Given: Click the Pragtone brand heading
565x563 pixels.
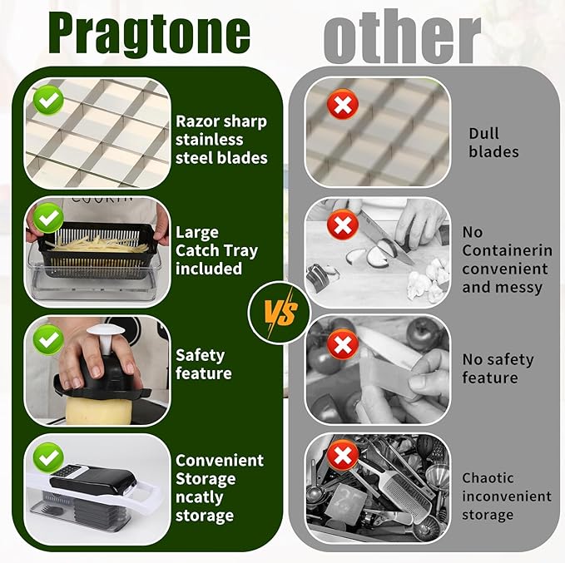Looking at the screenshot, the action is click(x=149, y=35).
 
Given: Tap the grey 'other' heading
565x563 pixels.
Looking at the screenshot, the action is click(x=402, y=37).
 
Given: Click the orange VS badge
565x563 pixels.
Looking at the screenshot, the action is click(x=279, y=312).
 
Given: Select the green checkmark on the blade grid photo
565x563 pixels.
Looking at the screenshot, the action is click(x=48, y=101).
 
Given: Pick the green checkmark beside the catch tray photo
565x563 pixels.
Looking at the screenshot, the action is click(x=48, y=218).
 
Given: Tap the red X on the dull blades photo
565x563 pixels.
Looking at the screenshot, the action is click(x=343, y=105).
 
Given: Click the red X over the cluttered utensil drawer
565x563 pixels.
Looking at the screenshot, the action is click(x=343, y=455).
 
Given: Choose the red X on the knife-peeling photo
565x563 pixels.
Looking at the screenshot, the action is click(x=343, y=345).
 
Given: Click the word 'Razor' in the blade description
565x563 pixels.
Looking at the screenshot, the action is click(x=195, y=121).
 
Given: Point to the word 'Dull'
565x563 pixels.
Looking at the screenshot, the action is click(x=483, y=134).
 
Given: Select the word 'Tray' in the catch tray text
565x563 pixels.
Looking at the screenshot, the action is click(x=240, y=251).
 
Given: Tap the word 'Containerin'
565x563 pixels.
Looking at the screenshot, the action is click(x=507, y=250).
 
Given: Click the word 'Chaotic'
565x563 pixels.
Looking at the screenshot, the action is click(x=488, y=478).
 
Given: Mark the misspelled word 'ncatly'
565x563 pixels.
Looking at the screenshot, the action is click(x=199, y=498).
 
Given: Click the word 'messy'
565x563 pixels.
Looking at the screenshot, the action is click(x=522, y=288).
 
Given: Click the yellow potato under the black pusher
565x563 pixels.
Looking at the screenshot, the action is click(x=98, y=410).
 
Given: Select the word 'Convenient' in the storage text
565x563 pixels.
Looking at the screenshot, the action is click(x=220, y=461).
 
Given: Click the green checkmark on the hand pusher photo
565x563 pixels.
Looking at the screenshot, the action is click(x=48, y=339).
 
